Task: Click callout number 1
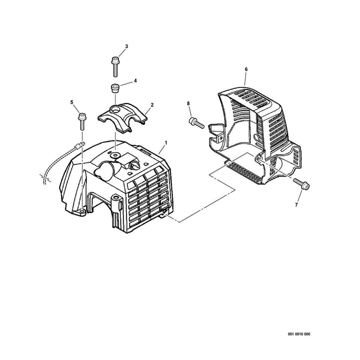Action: pyautogui.click(x=166, y=143)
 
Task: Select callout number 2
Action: pyautogui.click(x=152, y=105)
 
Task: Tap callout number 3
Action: pyautogui.click(x=126, y=46)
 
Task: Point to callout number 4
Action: pyautogui.click(x=135, y=81)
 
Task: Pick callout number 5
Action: pyautogui.click(x=72, y=102)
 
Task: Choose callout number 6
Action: pyautogui.click(x=246, y=69)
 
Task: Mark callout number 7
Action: pyautogui.click(x=296, y=205)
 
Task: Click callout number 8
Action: pyautogui.click(x=189, y=103)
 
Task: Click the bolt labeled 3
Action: pyautogui.click(x=115, y=67)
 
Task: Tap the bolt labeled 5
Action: pyautogui.click(x=82, y=121)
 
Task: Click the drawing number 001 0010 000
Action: pyautogui.click(x=299, y=334)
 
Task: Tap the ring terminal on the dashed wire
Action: pyautogui.click(x=80, y=145)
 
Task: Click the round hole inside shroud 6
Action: pyautogui.click(x=256, y=137)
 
